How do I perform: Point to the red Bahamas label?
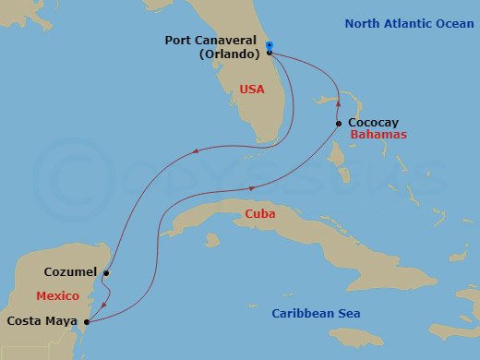click(379, 135)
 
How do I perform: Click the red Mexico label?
click(55, 296)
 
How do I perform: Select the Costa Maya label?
click(42, 320)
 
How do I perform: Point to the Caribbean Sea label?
click(318, 314)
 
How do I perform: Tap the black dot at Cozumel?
click(107, 273)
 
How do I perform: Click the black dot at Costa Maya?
click(86, 321)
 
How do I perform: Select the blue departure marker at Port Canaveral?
click(268, 44)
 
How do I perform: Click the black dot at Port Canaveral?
click(269, 53)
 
